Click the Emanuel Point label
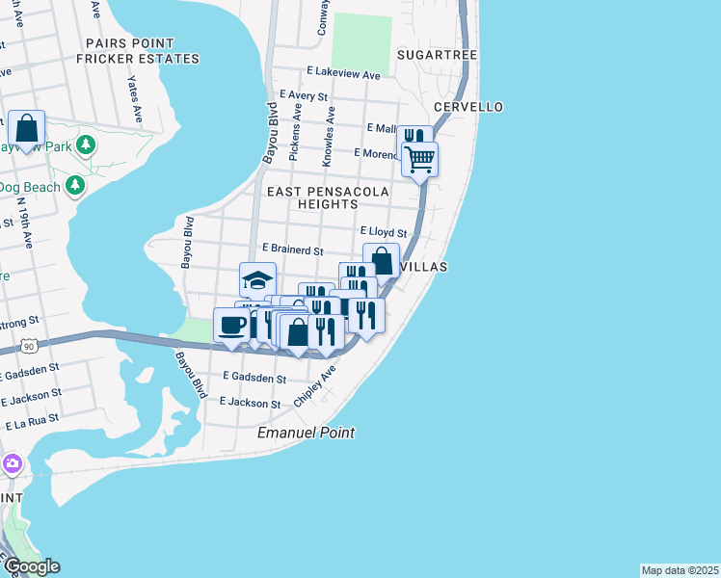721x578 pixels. point(306,433)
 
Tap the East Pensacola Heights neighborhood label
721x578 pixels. point(328,198)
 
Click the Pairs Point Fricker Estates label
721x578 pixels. point(142,51)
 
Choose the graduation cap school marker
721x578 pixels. point(257,279)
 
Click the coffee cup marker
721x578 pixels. point(231,326)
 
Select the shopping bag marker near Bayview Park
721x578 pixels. point(26,127)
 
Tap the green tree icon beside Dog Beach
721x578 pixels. point(74,185)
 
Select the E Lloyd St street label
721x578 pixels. point(384,232)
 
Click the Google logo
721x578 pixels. point(31,566)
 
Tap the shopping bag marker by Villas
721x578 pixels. point(381,260)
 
